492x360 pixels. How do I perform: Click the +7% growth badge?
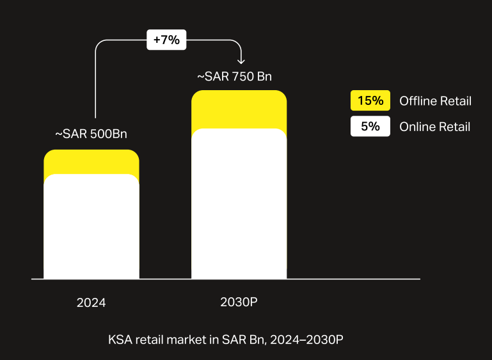point(166,40)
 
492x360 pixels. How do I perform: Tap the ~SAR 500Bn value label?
point(91,134)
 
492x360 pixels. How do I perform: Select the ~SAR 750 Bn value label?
point(234,76)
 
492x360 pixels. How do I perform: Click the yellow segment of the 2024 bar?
point(91,161)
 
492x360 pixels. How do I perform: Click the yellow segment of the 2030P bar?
point(239,109)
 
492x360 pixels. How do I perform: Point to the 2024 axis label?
point(91,302)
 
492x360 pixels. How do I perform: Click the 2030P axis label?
point(238,302)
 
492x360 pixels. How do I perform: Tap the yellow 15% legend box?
point(370,100)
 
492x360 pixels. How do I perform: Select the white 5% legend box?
point(370,127)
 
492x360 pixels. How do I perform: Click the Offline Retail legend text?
point(435,101)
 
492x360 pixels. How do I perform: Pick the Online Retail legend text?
point(434,127)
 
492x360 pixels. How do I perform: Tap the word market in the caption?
point(187,340)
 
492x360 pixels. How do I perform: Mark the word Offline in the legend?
point(418,101)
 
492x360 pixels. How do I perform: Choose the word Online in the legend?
point(417,127)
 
